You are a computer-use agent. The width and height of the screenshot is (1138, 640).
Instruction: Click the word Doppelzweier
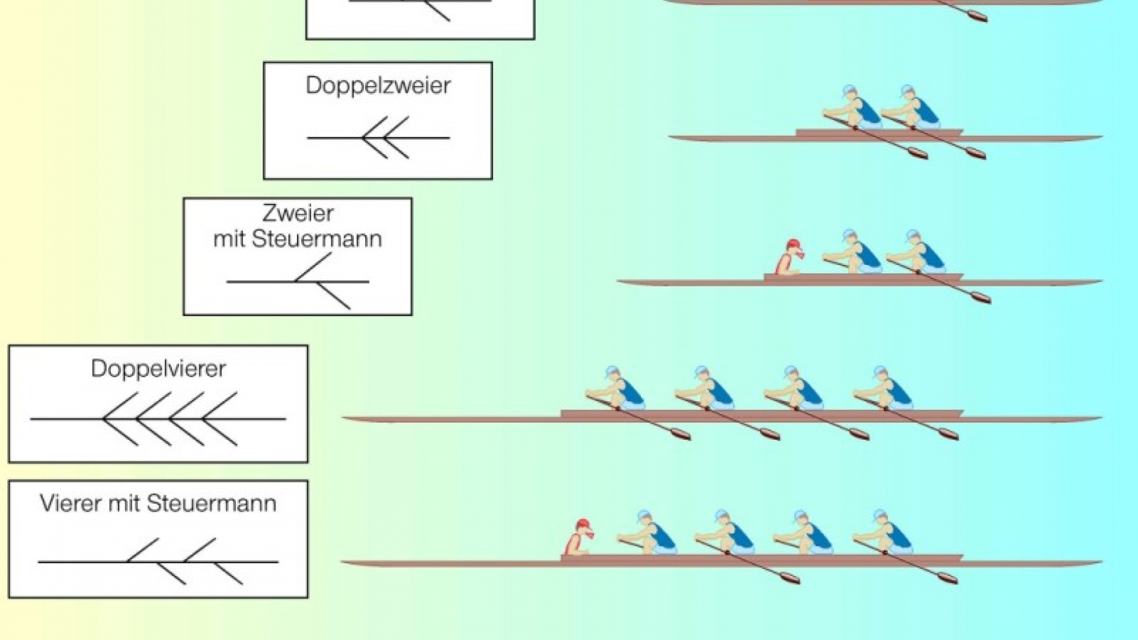click(x=378, y=86)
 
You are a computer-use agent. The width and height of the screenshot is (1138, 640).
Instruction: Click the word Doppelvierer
click(x=158, y=369)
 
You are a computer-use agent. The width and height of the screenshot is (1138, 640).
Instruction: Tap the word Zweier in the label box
click(x=298, y=213)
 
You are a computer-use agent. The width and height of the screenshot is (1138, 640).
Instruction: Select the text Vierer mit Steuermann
click(x=158, y=504)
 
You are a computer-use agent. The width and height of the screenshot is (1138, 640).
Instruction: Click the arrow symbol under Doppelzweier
click(x=378, y=138)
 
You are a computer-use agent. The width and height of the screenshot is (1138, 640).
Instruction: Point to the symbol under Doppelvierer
click(x=158, y=419)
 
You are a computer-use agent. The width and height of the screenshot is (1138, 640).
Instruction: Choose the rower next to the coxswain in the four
click(x=648, y=533)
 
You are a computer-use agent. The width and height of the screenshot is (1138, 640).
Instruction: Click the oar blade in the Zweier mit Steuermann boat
click(x=979, y=297)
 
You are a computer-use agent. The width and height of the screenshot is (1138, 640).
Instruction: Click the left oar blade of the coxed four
click(x=788, y=577)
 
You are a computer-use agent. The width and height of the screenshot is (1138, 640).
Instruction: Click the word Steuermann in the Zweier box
click(x=317, y=239)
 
